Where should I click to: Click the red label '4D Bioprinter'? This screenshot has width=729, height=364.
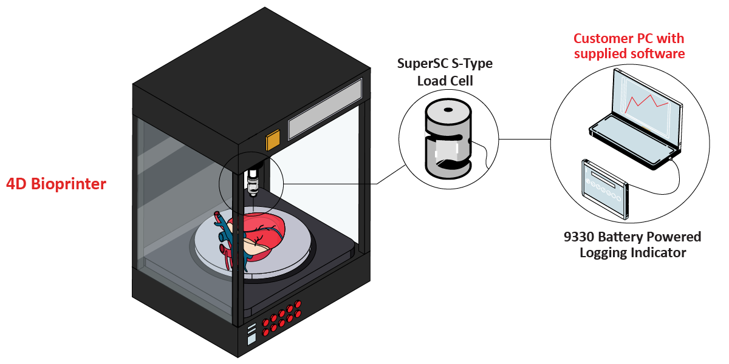point(56,184)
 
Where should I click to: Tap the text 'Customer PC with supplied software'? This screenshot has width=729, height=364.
point(629,46)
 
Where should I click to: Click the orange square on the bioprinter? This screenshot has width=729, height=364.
point(273,140)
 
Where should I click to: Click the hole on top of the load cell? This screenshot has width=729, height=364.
point(448,110)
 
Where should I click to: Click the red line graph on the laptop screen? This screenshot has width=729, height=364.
point(646,103)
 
